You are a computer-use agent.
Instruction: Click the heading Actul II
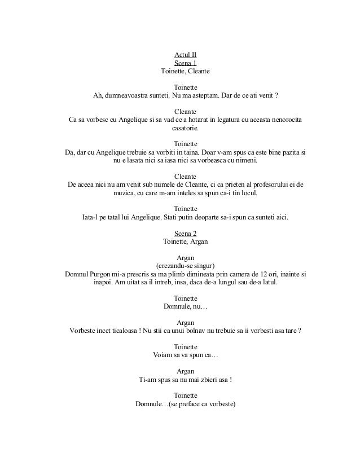[185, 55]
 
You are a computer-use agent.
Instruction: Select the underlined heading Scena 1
[185, 64]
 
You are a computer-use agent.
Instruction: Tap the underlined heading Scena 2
[185, 234]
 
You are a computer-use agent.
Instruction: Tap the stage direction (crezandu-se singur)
[185, 266]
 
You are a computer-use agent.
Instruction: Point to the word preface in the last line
[195, 404]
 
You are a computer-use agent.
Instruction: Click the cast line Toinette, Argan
[185, 242]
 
